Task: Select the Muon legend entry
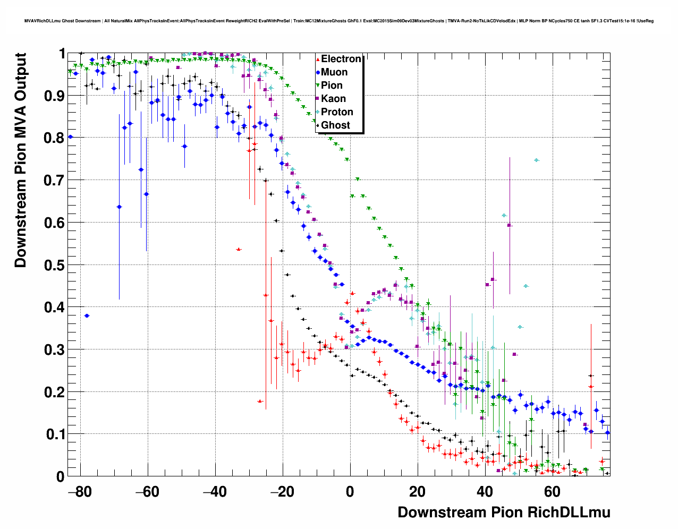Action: pos(334,72)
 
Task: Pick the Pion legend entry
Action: pos(332,86)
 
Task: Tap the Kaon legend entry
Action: pos(333,99)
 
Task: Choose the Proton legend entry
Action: pos(337,112)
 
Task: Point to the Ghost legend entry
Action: pos(335,125)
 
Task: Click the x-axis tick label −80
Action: pos(80,492)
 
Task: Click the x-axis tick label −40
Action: pos(215,492)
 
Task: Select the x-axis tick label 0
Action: pos(350,492)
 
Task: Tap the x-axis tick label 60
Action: pos(553,492)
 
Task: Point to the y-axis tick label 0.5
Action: pos(53,265)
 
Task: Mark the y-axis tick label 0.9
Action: pos(53,96)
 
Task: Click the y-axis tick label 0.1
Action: pos(53,434)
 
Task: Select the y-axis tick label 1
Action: pos(62,54)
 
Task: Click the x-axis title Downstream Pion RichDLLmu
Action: pos(504,513)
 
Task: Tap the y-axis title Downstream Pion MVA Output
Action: pos(20,160)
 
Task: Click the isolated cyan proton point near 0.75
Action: pos(537,160)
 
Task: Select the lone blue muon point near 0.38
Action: pos(87,315)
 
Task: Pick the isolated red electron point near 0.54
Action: pos(239,249)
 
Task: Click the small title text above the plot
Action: pos(339,21)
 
